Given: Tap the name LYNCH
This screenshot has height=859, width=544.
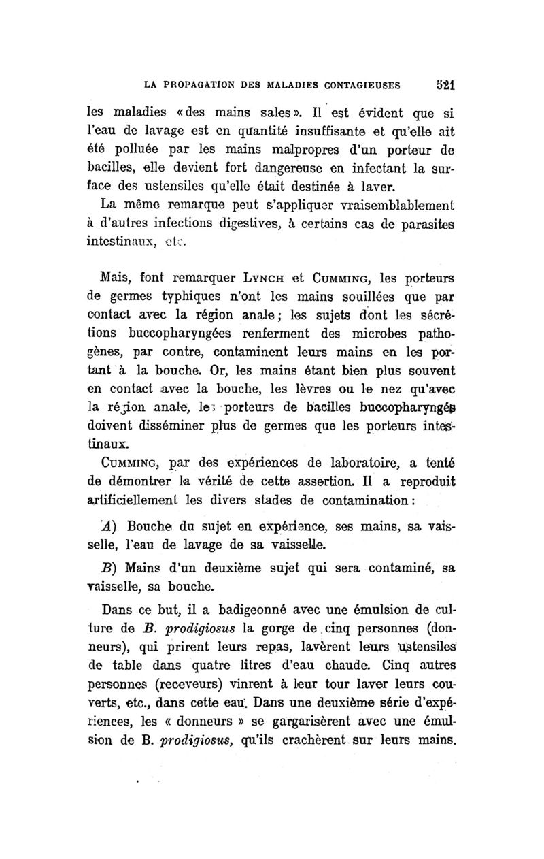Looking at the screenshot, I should point(265,279).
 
